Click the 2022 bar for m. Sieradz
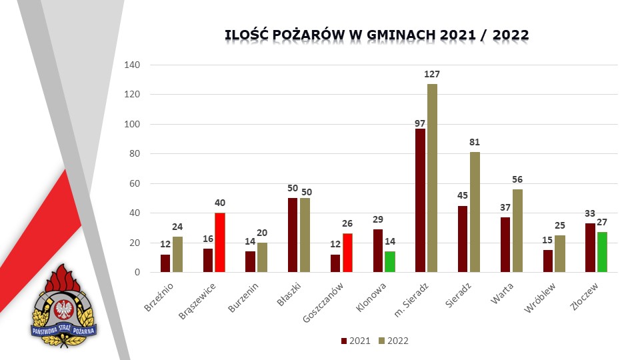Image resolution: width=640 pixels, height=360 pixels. click(433, 178)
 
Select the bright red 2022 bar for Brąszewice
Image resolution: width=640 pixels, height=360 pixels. click(220, 243)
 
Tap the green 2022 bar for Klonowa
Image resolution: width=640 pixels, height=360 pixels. click(390, 262)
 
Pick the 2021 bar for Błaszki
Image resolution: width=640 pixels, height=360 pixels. click(293, 235)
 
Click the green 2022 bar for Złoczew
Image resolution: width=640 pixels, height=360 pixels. click(602, 252)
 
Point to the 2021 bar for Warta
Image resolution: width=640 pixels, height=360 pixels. click(505, 245)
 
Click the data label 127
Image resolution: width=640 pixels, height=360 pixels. click(433, 74)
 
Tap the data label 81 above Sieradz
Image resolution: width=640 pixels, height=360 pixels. click(475, 142)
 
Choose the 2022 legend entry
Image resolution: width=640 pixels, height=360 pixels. click(393, 341)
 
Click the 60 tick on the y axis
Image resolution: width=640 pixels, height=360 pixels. click(135, 183)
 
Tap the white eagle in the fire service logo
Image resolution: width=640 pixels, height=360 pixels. click(65, 309)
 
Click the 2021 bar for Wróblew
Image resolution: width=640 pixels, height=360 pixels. click(547, 261)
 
